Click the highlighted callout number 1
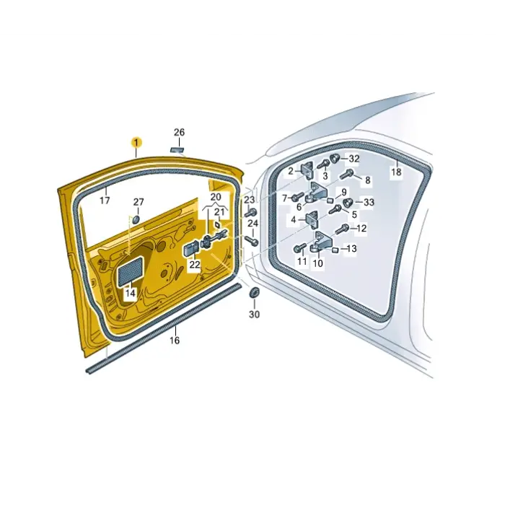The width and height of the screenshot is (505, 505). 136,142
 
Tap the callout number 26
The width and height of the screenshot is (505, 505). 180,132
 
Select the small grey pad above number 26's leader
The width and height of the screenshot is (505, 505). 177,150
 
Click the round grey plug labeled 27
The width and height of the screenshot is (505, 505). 136,220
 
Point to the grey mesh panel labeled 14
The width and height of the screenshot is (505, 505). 131,271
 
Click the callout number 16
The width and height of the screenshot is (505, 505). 175,341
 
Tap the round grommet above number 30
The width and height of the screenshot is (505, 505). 255,292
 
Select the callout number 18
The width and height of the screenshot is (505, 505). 396,172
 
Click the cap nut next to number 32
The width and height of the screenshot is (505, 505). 335,158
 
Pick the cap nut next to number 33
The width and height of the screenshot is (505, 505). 348,203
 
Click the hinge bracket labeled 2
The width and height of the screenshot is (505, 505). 307,171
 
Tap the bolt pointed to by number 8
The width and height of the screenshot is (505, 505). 346,175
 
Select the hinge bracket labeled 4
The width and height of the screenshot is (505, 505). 311,219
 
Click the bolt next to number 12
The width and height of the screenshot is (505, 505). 342,229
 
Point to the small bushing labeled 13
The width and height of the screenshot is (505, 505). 335,250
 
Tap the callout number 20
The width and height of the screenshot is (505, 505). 216,197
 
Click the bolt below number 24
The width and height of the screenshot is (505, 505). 251,240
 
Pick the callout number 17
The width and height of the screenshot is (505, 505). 105,201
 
